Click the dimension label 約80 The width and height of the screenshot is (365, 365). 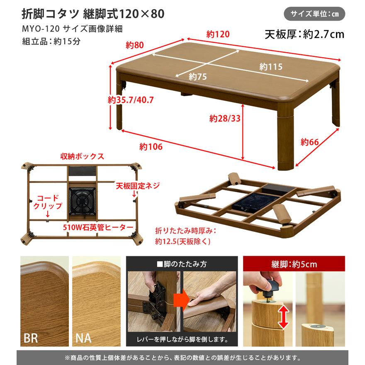(135, 45)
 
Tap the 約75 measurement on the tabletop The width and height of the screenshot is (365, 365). (198, 77)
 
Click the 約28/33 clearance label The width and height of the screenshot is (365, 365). (224, 119)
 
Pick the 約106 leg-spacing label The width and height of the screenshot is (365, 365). (151, 146)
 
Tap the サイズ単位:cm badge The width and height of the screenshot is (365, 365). (314, 14)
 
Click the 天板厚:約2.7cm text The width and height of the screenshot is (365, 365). (304, 34)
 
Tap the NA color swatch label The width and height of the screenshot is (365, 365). (83, 338)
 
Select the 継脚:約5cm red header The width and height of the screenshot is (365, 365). (294, 264)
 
